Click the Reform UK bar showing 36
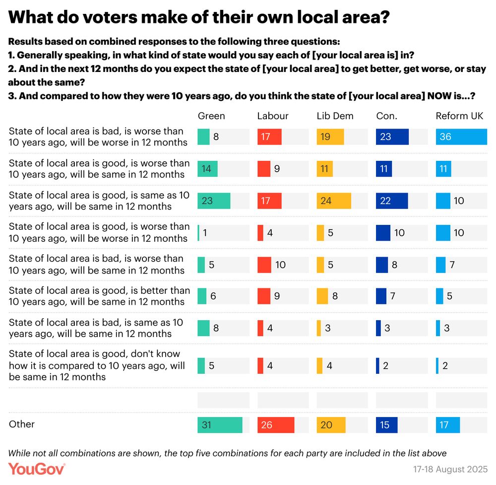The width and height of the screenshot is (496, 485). click(461, 137)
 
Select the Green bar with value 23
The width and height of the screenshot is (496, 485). click(214, 201)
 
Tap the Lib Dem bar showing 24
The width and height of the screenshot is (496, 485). click(334, 201)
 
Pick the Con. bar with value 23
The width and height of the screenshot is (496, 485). click(392, 137)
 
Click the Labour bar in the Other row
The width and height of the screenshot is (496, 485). click(276, 425)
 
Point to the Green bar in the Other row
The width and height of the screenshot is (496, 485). click(220, 425)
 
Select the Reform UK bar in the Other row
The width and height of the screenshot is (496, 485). click(448, 425)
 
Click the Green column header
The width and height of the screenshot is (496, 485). click(211, 116)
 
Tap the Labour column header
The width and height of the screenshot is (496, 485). click(273, 116)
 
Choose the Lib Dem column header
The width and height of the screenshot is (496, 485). click(335, 116)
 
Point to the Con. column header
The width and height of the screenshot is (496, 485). click(387, 116)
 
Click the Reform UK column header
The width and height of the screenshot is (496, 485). click(459, 116)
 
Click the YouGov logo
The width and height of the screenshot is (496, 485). click(37, 469)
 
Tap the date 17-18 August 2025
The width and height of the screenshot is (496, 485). click(450, 469)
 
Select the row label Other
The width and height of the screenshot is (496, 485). click(22, 424)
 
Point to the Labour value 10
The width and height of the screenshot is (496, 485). click(280, 265)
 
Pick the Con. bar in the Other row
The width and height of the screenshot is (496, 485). click(387, 425)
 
